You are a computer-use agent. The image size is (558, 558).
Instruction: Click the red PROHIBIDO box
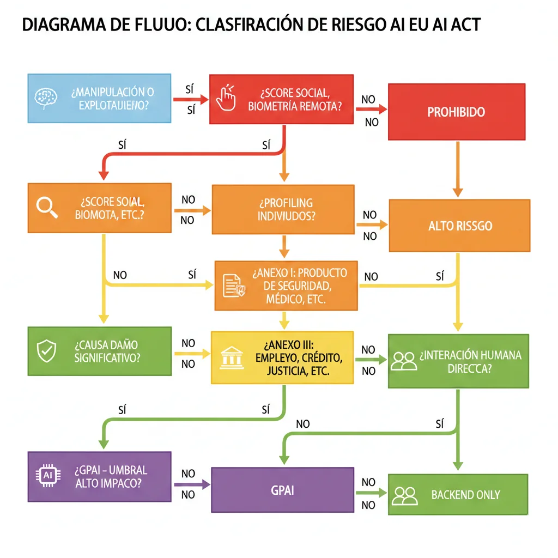(x=456, y=112)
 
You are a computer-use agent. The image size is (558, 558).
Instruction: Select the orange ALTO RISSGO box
(x=459, y=225)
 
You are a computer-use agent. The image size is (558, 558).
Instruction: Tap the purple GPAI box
(x=282, y=489)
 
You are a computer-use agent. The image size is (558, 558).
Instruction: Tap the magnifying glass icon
(x=45, y=206)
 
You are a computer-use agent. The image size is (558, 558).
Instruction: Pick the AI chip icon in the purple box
(x=45, y=475)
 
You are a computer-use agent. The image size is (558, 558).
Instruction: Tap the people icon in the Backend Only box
(x=405, y=495)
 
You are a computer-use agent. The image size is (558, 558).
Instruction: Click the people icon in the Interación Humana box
(x=404, y=360)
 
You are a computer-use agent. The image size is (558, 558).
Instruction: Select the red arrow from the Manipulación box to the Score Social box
(x=191, y=100)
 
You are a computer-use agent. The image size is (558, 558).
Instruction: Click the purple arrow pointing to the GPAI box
(x=192, y=484)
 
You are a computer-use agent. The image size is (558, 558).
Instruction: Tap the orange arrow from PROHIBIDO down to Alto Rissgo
(x=458, y=169)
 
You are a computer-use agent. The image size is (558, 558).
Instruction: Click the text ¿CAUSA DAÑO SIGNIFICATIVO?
(x=107, y=351)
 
